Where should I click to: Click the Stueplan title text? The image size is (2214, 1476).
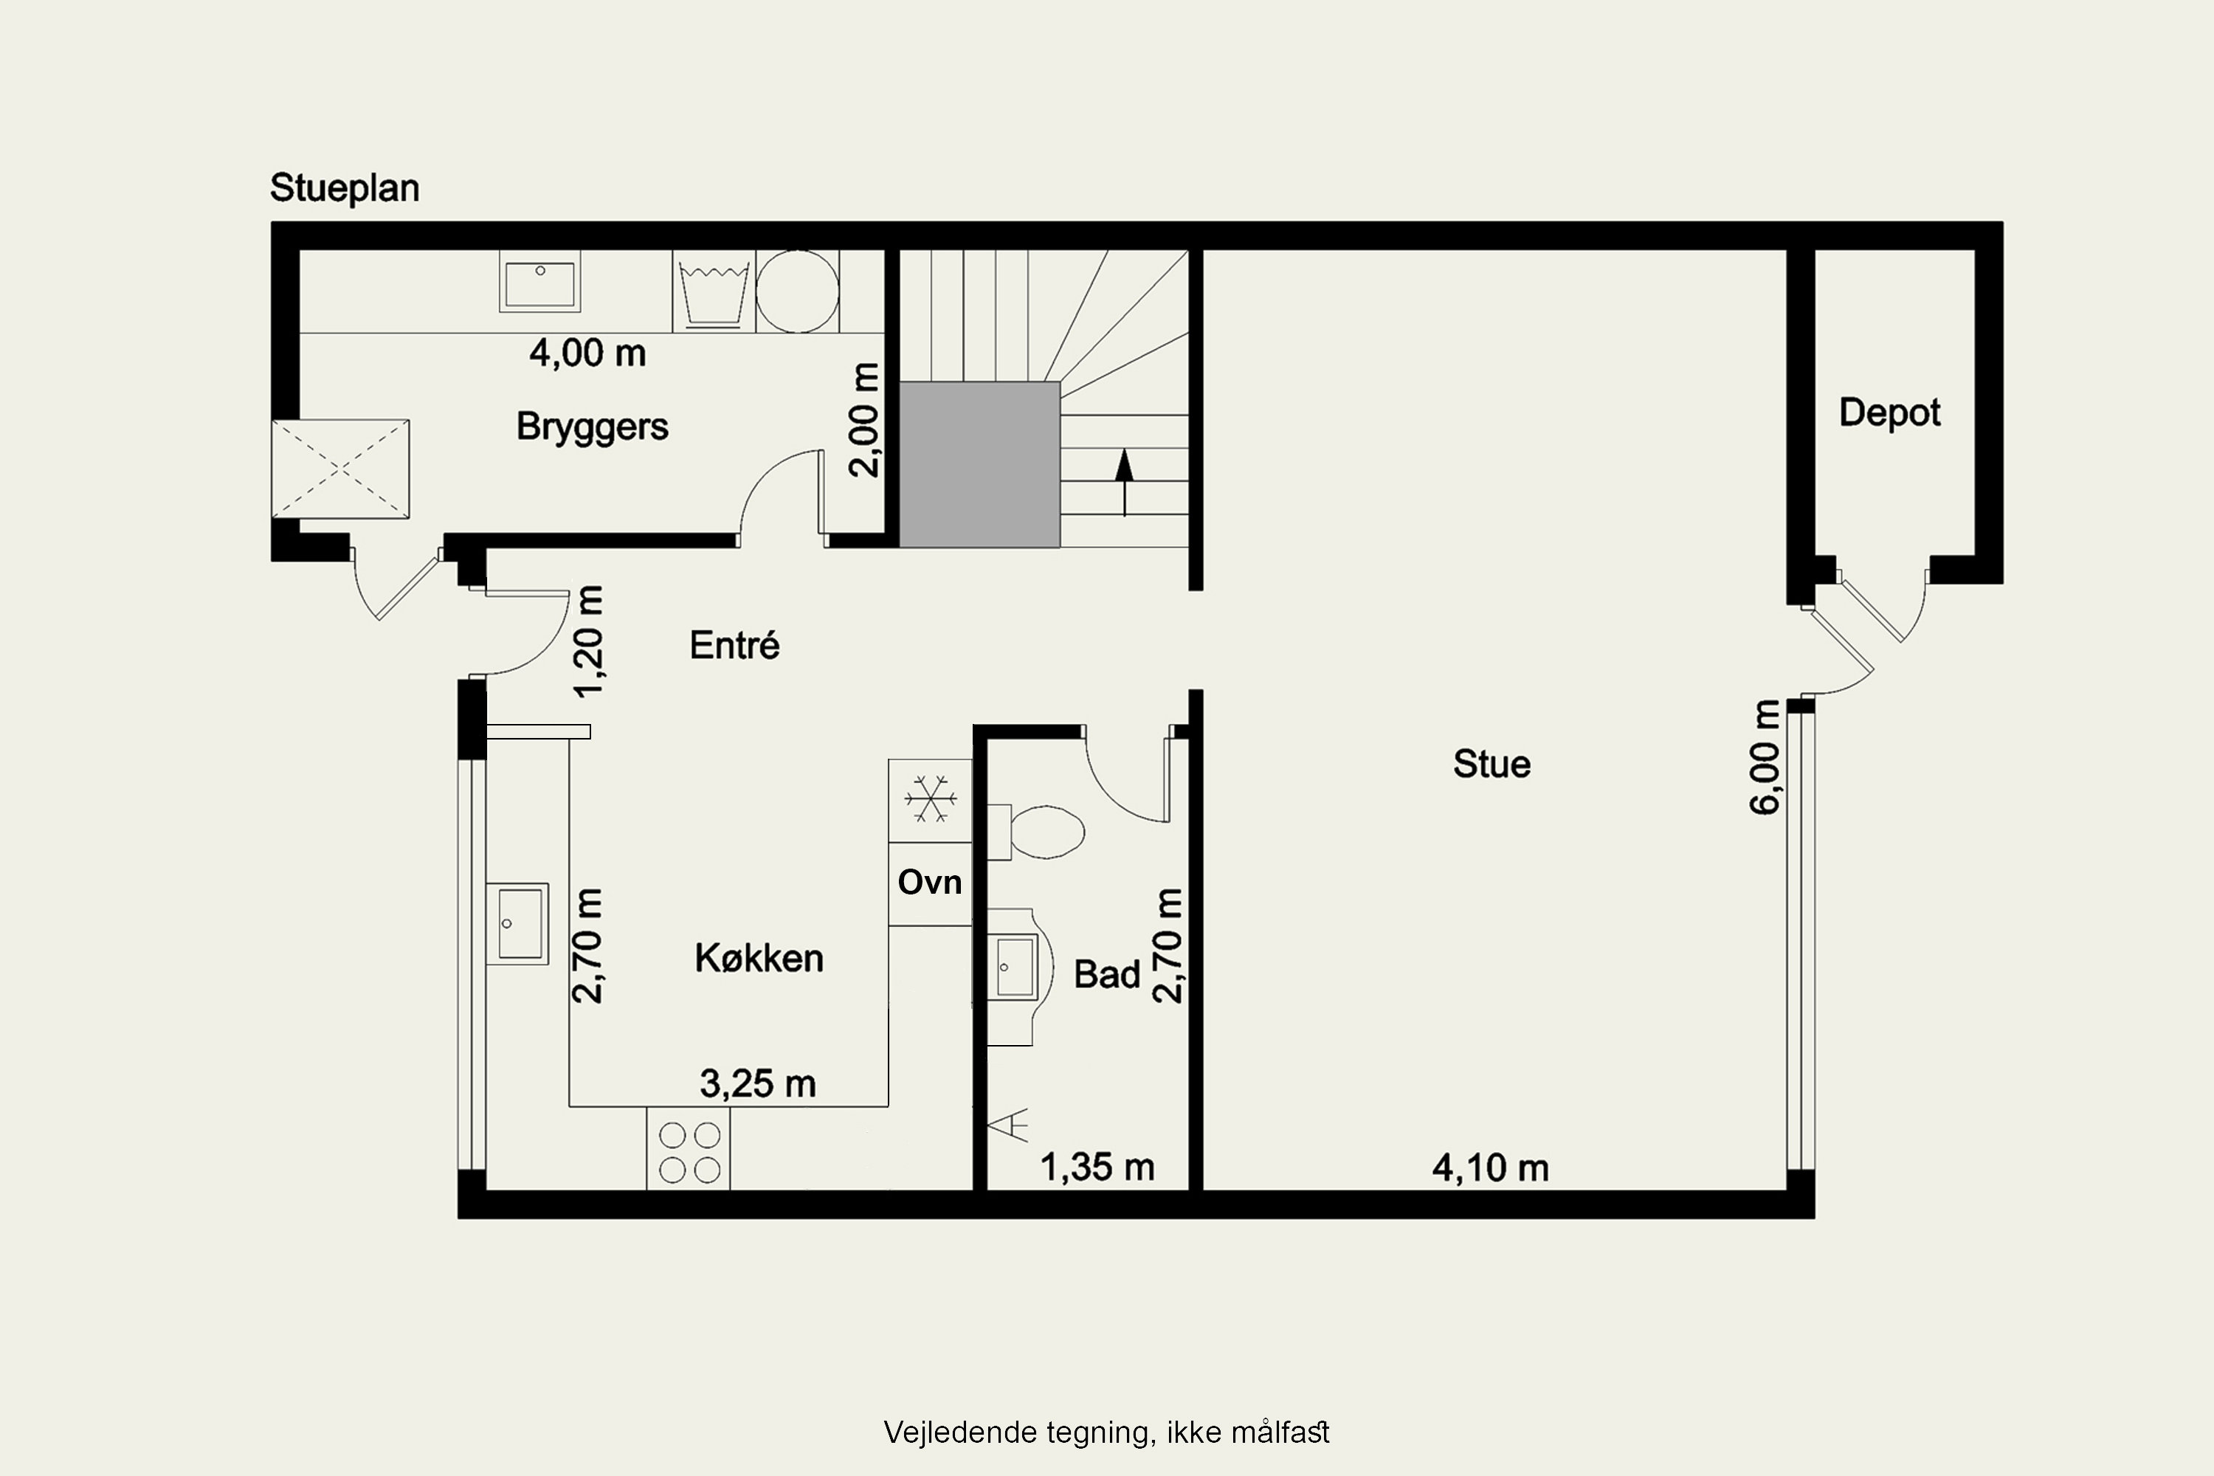point(345,189)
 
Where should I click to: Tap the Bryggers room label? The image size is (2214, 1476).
point(592,427)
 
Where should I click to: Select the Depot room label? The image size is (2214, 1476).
point(1889,413)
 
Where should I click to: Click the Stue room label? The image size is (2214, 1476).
point(1491,763)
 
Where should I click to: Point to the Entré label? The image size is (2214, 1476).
point(734,645)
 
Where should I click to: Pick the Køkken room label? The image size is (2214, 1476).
point(759,958)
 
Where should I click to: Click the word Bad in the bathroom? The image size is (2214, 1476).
point(1107,974)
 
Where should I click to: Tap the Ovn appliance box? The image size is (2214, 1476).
point(930,883)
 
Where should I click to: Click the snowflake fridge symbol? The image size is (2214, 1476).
point(930,800)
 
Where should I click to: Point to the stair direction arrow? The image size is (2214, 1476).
point(1124,483)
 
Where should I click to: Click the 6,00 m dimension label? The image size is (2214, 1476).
point(1766,757)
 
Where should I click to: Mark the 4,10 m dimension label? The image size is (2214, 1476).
point(1490,1168)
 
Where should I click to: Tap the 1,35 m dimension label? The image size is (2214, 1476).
point(1097,1168)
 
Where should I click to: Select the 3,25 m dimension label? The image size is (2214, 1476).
point(758,1084)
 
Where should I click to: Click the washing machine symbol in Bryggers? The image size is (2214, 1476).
point(714,291)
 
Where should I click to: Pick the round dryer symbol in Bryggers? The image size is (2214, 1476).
point(797,291)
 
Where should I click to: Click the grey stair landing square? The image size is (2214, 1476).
point(980,464)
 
